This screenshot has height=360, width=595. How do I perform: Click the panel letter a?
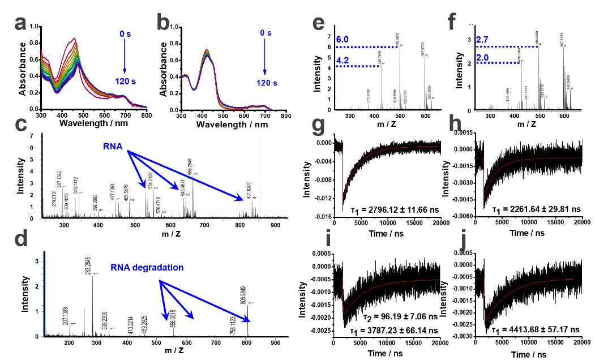(21, 24)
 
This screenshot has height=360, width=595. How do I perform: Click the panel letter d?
(21, 239)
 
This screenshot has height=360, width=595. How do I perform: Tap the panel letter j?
(464, 240)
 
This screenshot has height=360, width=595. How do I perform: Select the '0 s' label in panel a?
(125, 34)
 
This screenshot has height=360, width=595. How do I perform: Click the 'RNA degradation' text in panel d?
(147, 267)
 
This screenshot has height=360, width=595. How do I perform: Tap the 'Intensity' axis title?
(25, 294)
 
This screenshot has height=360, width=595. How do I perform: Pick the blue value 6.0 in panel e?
(343, 40)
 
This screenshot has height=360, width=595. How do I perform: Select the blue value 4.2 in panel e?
(343, 59)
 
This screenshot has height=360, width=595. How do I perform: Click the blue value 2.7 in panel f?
(482, 40)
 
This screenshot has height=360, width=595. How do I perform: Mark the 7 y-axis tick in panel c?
(32, 136)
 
